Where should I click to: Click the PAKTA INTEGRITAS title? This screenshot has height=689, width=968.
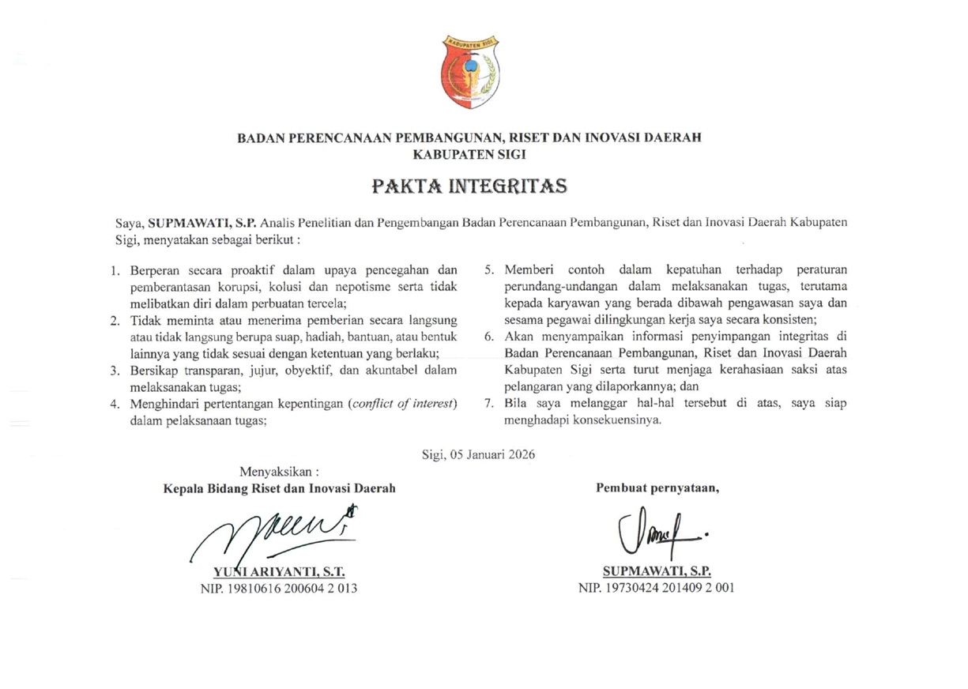(x=469, y=187)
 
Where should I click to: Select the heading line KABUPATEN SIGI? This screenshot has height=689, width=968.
(x=469, y=154)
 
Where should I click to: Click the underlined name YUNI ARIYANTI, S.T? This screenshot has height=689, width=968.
(x=281, y=571)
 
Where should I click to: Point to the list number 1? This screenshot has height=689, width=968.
(x=115, y=271)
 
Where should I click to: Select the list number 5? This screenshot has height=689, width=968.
(x=489, y=271)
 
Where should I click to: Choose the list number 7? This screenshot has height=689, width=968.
(x=489, y=403)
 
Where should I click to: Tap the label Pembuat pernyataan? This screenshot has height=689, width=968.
(x=657, y=488)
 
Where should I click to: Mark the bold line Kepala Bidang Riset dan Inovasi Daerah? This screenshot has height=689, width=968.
(x=279, y=488)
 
